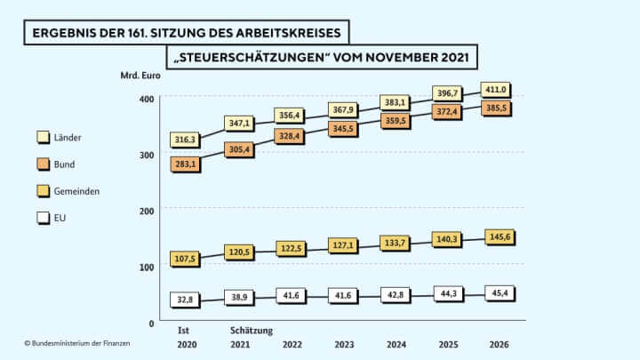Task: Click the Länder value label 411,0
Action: (496, 89)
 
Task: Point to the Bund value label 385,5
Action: (496, 108)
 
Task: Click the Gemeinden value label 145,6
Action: (496, 237)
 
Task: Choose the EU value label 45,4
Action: (496, 293)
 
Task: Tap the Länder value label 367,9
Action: (342, 109)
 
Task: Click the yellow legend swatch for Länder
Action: (42, 138)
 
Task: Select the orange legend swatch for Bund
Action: (42, 164)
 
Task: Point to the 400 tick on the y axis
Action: (147, 98)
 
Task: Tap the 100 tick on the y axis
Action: (147, 266)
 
